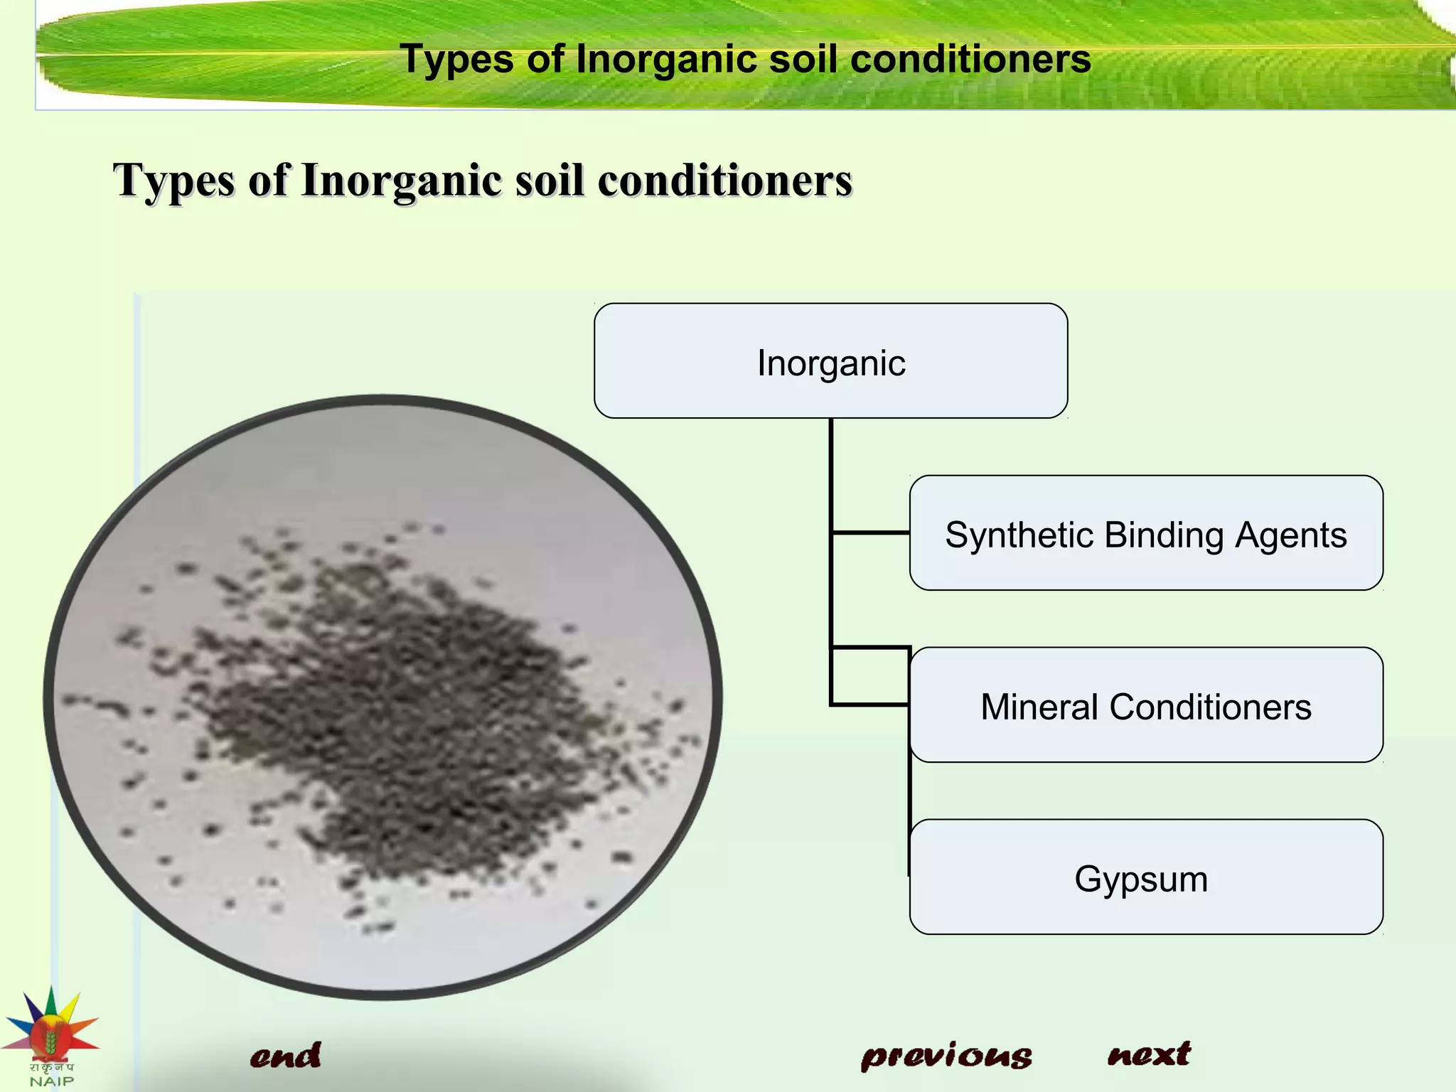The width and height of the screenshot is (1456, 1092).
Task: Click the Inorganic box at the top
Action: [830, 361]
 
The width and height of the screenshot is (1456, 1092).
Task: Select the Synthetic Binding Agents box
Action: [1145, 533]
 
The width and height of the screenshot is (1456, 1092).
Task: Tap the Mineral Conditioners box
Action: [1145, 705]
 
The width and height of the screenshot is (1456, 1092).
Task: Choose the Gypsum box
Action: [1145, 877]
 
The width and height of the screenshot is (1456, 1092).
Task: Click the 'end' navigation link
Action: [285, 1056]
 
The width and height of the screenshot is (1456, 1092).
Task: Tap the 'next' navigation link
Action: [1148, 1054]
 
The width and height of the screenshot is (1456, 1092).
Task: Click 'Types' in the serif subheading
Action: [173, 181]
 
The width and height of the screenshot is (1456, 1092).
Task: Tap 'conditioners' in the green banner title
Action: [970, 58]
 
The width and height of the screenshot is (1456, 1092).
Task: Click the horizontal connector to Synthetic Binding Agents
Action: [870, 532]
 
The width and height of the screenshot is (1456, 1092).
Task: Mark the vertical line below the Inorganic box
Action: [830, 469]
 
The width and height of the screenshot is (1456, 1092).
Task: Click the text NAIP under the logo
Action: [51, 1081]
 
